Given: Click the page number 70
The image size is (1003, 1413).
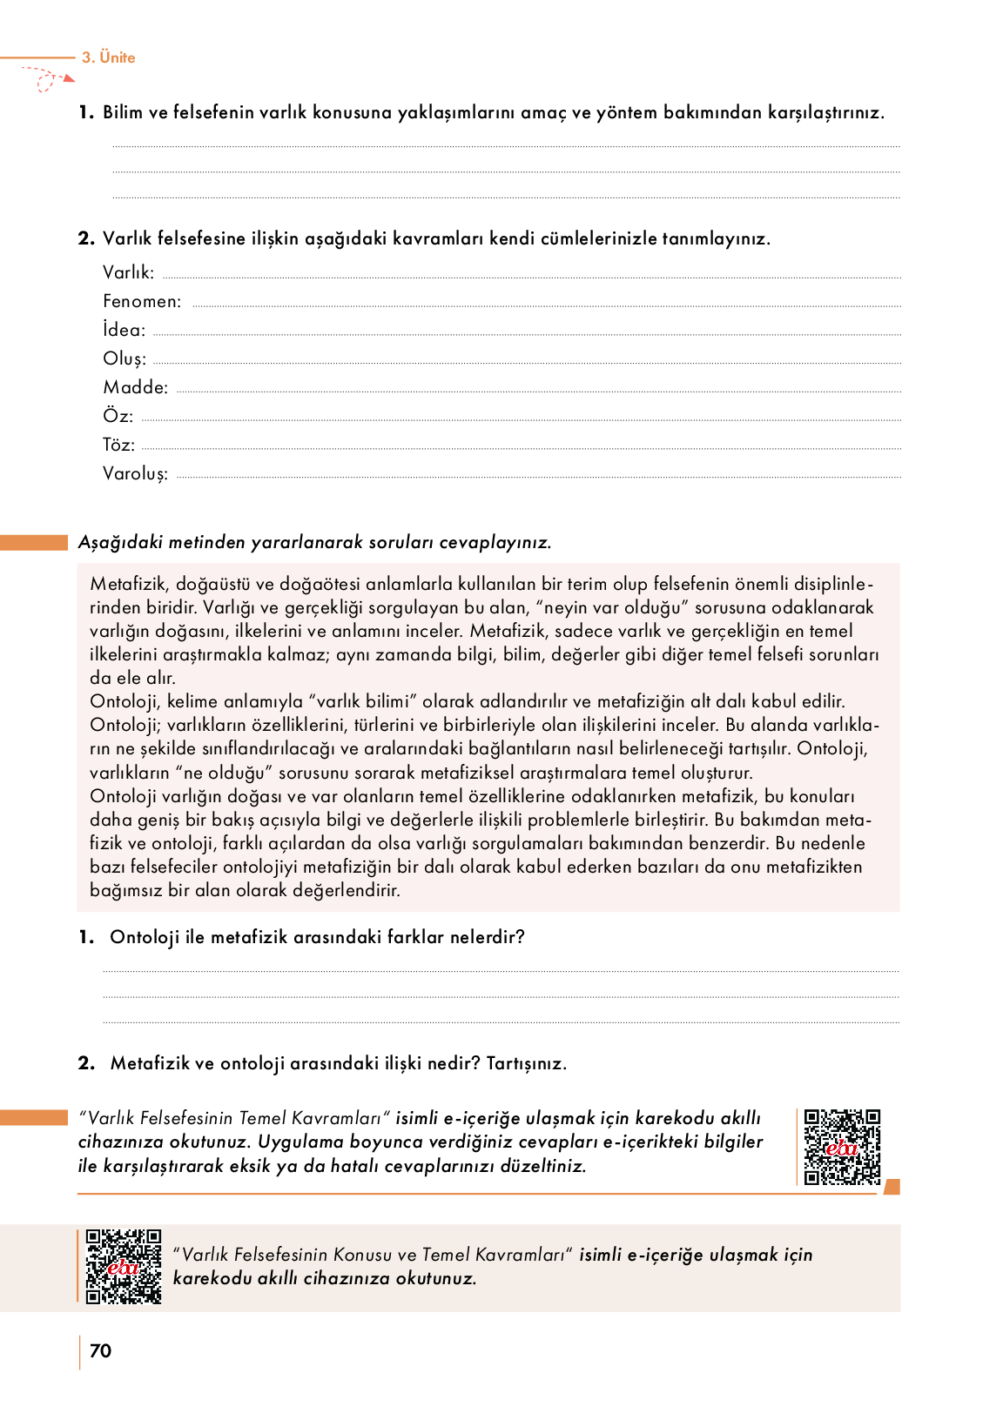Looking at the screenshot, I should pos(100,1350).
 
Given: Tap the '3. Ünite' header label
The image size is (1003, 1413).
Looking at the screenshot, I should pos(109,57).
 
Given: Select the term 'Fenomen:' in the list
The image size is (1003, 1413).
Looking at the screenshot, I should pos(142,302).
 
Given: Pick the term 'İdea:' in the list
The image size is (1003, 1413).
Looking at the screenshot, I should pos(124,330).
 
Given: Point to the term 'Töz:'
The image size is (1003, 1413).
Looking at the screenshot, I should pos(118,445).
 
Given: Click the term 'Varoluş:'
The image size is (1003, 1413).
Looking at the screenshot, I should pos(135,474).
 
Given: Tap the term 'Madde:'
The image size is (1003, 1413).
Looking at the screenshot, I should pos(135,387).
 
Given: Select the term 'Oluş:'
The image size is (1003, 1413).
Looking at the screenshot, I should pos(125,359).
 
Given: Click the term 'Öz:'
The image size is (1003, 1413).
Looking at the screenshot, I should pos(118,417).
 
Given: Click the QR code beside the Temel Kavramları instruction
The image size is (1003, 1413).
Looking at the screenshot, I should pos(841,1147).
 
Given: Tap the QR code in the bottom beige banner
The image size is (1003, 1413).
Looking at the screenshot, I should pos(123,1266).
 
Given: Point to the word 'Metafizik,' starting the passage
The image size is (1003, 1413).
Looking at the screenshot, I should pos(129,584).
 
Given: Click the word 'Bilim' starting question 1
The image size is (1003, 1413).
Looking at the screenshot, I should pos(122,112).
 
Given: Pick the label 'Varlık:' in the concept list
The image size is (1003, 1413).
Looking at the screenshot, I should pos(128,272).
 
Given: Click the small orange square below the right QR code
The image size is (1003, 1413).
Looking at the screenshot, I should pos(892,1187).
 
